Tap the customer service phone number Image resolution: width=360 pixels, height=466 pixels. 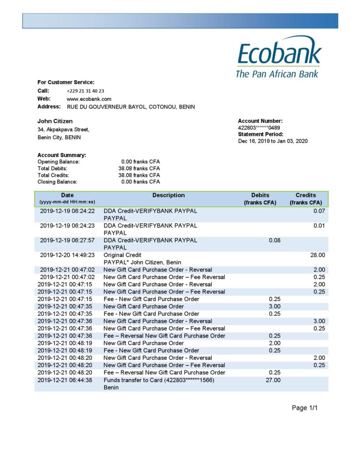coord(86,91)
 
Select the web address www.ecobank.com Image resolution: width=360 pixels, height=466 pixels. coord(89,99)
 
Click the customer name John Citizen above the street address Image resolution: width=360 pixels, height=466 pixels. coord(55,121)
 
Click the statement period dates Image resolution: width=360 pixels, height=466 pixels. coord(273,141)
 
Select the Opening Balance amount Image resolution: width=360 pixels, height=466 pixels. coord(140,162)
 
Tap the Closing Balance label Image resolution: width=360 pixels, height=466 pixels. coord(57,182)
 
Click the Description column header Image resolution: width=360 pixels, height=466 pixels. coord(168,195)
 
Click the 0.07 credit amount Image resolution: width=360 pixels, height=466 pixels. coord(319,211)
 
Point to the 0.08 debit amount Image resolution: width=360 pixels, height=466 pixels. coord(274,240)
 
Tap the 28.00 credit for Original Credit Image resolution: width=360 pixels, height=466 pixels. coord(318,255)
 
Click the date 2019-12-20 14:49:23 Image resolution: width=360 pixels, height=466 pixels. coord(67,255)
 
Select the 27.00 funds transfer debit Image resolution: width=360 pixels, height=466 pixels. coord(273,380)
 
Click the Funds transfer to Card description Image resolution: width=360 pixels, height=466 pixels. coord(159,380)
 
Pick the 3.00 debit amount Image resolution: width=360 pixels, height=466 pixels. coord(274,306)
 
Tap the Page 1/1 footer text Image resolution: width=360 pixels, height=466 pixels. coord(304,408)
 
